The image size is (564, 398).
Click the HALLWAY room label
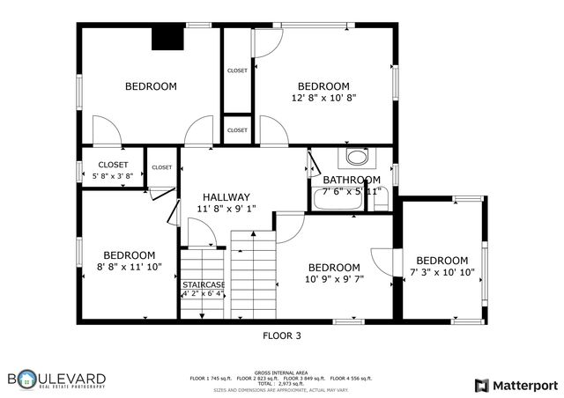tap(226, 197)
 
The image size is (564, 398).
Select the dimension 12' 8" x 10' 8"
tap(323, 98)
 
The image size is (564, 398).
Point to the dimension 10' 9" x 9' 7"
tap(334, 279)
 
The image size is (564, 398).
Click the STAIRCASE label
tap(204, 284)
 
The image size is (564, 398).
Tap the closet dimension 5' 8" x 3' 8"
tap(113, 176)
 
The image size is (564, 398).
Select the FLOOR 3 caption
tap(282, 335)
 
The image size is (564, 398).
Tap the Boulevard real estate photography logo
tap(57, 380)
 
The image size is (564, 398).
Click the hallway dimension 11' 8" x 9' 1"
tap(226, 210)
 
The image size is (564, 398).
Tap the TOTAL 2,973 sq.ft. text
tap(281, 383)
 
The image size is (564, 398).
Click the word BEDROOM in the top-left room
tap(151, 86)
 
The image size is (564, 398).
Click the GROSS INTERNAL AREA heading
tap(281, 372)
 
